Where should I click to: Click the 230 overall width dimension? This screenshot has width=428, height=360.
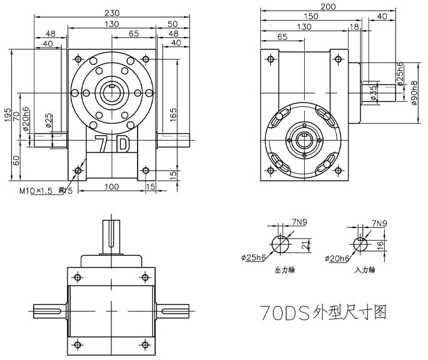(112, 12)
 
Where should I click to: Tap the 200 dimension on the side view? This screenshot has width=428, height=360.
(327, 7)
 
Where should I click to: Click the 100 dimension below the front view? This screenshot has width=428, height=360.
(111, 187)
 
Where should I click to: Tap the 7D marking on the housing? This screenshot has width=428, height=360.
(111, 144)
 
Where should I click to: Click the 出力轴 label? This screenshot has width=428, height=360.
(285, 271)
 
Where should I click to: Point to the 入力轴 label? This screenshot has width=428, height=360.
(364, 271)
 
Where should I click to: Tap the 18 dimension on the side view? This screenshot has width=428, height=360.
(355, 27)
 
